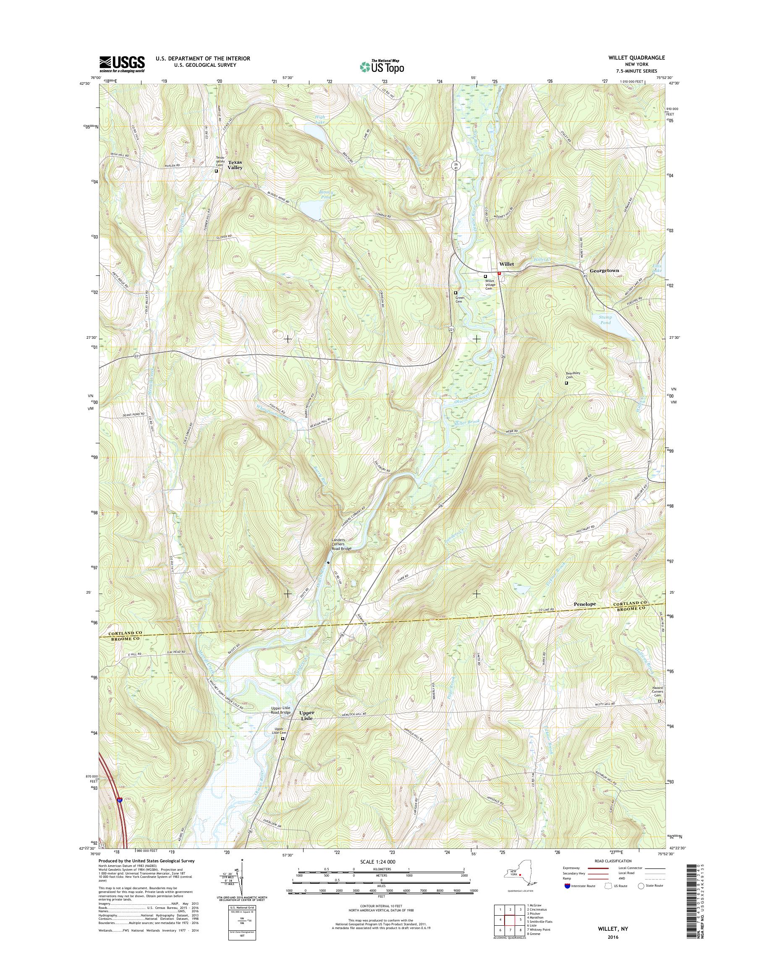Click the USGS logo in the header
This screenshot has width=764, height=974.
point(122,63)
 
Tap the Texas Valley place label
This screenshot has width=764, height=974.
point(235,165)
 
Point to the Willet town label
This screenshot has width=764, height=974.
point(507,264)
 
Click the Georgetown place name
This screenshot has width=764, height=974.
point(604,271)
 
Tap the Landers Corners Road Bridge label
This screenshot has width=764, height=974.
point(341,544)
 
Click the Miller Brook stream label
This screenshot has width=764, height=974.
point(467,422)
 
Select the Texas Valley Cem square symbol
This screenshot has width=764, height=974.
point(217,170)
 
